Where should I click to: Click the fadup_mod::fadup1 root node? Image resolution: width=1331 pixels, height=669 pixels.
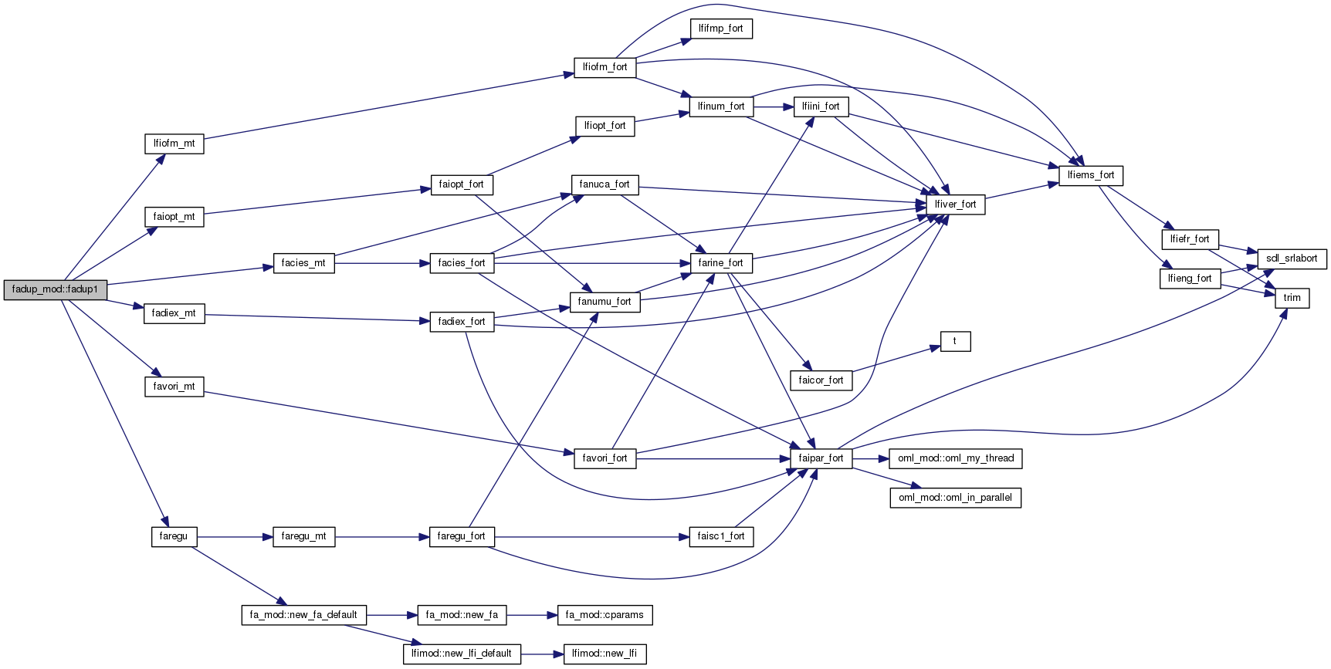point(55,289)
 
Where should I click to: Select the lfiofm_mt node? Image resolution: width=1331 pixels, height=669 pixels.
point(174,144)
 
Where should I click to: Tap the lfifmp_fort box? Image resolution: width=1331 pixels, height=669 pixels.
point(720,29)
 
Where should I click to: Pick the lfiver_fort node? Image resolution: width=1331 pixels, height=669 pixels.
point(955,204)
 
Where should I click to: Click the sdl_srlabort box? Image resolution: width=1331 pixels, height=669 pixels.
point(1292,258)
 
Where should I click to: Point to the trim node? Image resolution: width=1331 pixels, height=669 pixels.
point(1292,298)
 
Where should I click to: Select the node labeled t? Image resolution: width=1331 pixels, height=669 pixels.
point(955,341)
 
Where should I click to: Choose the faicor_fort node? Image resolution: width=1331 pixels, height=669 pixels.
point(821,380)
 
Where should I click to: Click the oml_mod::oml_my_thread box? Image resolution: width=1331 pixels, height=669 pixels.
point(956,458)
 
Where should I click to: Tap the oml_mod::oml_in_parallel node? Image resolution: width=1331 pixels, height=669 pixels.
point(955,498)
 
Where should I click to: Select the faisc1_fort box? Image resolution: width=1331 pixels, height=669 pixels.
point(720,536)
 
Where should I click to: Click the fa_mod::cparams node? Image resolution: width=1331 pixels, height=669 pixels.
point(605,615)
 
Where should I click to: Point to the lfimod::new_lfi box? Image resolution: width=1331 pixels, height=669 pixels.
point(605,654)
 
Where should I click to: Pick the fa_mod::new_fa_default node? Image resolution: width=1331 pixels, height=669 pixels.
point(303,615)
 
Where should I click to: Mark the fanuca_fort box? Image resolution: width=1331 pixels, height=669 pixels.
point(605,184)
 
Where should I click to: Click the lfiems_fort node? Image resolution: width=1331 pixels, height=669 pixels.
point(1090,175)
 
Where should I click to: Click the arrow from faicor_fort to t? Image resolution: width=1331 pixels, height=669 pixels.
point(896,360)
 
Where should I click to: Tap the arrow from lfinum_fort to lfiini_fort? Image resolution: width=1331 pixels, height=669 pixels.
point(773,106)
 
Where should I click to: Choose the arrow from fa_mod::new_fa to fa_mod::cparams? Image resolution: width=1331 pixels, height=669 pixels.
point(531,615)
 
